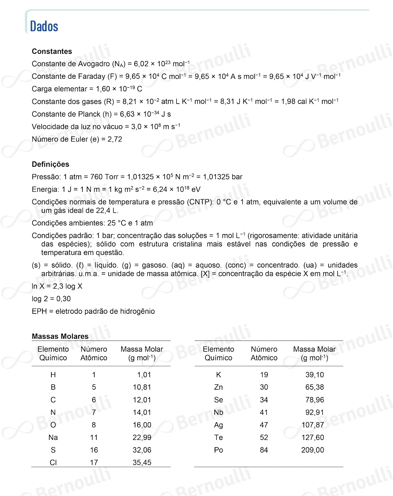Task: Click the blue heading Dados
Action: point(44,27)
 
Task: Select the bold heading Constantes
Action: point(52,51)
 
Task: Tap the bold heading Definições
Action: point(50,164)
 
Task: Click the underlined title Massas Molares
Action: point(60,336)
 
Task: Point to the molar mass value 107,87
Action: point(313,425)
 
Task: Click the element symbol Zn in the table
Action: point(218,387)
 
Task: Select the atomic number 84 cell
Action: point(264,450)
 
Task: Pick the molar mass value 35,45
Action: point(142,463)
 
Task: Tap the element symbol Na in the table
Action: point(53,438)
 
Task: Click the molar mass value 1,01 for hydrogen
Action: point(144,375)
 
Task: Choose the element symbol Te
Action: point(218,438)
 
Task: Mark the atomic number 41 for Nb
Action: point(264,413)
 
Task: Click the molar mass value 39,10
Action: point(314,375)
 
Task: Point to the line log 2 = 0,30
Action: point(51,299)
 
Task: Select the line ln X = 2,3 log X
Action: point(57,286)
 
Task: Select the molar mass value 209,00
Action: point(313,450)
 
